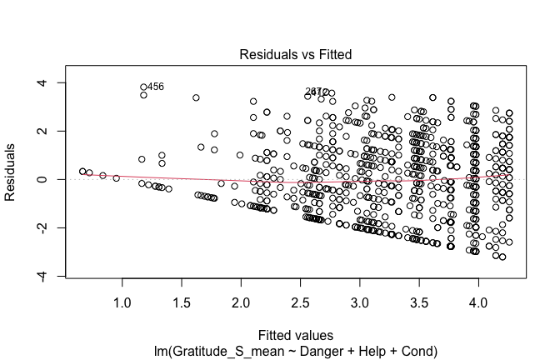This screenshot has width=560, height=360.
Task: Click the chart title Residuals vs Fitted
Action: click(296, 54)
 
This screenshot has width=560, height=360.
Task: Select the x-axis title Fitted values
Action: click(296, 335)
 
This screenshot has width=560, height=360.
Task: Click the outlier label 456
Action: click(156, 87)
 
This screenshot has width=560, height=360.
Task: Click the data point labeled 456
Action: click(143, 87)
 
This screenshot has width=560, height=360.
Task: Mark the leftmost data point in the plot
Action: click(82, 171)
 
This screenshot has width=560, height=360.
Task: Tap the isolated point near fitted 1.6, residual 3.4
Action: click(196, 97)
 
